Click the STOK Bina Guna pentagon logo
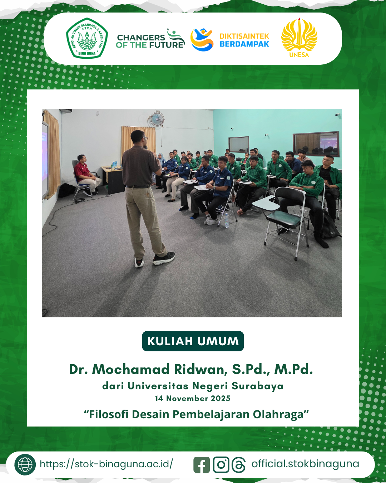(87, 38)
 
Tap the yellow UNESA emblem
(299, 38)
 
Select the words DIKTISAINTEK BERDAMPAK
(244, 40)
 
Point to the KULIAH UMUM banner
(193, 341)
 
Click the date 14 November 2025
(193, 398)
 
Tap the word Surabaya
(257, 386)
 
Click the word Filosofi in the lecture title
(106, 414)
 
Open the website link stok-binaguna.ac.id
(106, 464)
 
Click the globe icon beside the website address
(25, 464)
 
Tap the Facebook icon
(202, 465)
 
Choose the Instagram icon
(221, 465)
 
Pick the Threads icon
(239, 465)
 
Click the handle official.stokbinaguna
(305, 464)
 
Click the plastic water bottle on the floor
(227, 220)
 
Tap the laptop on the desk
(114, 165)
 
